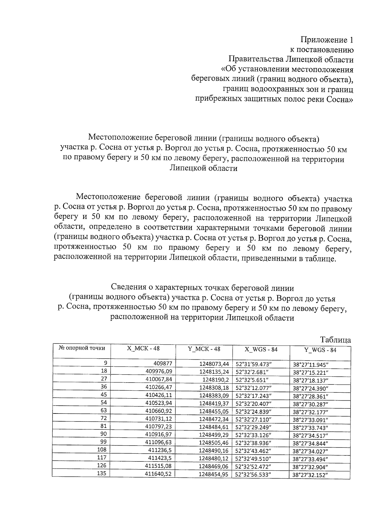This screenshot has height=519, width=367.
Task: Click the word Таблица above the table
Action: (335, 340)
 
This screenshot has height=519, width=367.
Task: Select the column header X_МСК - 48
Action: (143, 349)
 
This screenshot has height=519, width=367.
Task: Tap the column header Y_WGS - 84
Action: (320, 350)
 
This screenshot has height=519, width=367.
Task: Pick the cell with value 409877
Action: (163, 363)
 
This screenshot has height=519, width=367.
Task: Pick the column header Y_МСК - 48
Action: (204, 349)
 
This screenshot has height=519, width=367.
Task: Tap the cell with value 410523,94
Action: (159, 403)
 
